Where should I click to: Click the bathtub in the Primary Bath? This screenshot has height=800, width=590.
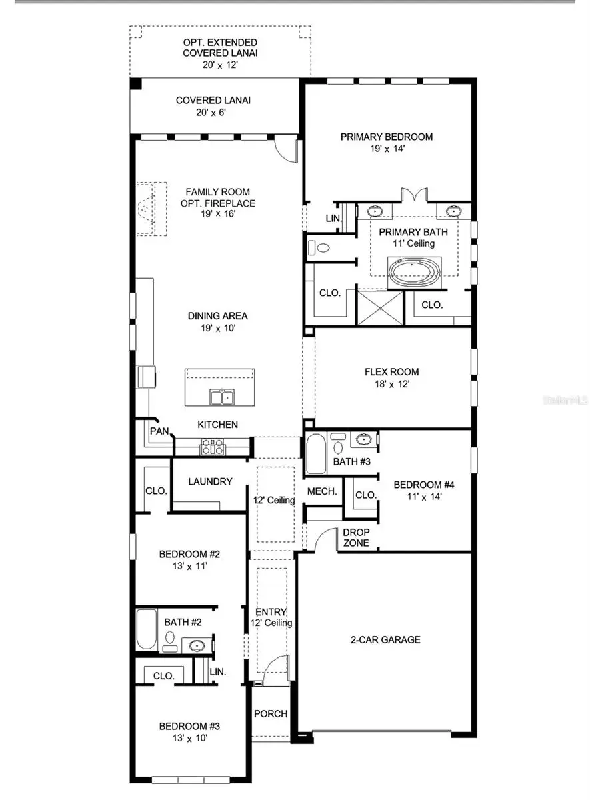click(414, 272)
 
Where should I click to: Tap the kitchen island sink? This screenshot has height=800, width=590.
click(221, 397)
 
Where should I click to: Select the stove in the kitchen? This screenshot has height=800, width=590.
click(213, 447)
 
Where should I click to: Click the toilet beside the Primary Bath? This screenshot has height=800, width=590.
click(320, 248)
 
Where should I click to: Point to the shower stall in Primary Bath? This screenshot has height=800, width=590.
click(381, 307)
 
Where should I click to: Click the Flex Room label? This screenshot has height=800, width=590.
click(391, 372)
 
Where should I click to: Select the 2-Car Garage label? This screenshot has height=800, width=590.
click(386, 639)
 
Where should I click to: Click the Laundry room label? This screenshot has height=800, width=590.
click(210, 481)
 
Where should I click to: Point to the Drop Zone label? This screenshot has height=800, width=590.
click(356, 537)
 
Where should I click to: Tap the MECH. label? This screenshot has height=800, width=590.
click(321, 491)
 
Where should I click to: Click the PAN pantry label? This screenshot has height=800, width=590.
click(159, 431)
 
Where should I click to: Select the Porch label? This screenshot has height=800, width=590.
click(271, 713)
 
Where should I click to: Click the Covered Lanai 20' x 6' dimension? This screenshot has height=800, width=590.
click(208, 113)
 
